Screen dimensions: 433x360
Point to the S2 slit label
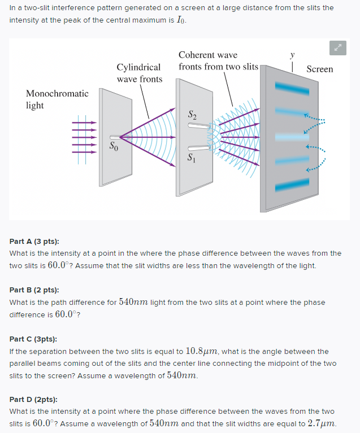click(x=193, y=116)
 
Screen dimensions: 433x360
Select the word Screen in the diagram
click(x=319, y=69)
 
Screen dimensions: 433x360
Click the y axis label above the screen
click(x=292, y=55)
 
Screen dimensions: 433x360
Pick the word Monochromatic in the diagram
click(x=57, y=93)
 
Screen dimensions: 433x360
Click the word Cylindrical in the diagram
click(x=138, y=67)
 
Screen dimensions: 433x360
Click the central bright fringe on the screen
click(x=292, y=137)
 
